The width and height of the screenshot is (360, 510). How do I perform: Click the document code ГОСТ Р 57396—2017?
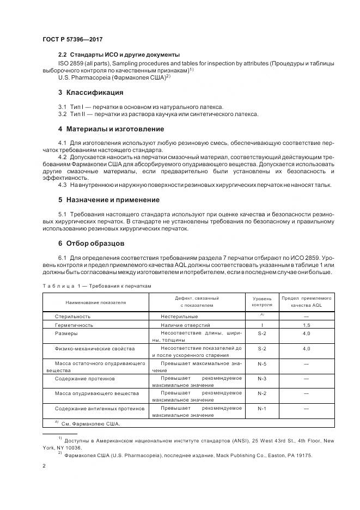[72, 39]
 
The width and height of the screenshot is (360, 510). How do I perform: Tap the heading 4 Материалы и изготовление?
[111, 129]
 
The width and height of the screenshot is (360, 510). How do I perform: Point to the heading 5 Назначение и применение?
[108, 199]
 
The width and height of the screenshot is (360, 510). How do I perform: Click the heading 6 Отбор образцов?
[91, 242]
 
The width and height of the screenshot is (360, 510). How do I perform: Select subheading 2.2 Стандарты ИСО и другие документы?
[118, 54]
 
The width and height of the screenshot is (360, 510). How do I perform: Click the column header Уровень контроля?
[262, 301]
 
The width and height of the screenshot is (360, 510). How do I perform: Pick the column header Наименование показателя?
[96, 301]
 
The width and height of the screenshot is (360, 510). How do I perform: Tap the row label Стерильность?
[72, 316]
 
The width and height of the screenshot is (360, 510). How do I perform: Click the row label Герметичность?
[74, 325]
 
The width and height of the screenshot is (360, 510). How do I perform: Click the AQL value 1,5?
[307, 325]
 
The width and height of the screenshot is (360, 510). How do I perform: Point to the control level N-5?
[262, 363]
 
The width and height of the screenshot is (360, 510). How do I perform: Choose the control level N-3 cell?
[262, 378]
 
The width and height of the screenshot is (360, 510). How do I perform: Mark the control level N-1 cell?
[262, 408]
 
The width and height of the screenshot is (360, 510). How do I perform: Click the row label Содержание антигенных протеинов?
[99, 408]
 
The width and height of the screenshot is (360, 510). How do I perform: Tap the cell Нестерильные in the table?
[179, 316]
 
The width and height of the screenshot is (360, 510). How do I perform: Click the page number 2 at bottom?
[44, 466]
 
